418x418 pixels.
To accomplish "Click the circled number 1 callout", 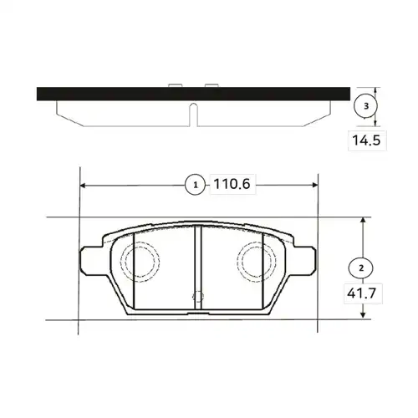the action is pyautogui.click(x=196, y=185).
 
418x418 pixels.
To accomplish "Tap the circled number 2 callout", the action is pyautogui.click(x=361, y=268).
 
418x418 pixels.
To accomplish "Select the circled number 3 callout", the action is pyautogui.click(x=366, y=106).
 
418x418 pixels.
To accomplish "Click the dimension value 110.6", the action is pyautogui.click(x=232, y=184).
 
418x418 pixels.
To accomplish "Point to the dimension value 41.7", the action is pyautogui.click(x=362, y=293).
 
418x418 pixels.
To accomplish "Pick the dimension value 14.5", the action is pyautogui.click(x=366, y=140).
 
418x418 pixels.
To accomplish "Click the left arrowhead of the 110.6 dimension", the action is pyautogui.click(x=83, y=185).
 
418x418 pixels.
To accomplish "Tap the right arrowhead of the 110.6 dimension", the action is pyautogui.click(x=315, y=185).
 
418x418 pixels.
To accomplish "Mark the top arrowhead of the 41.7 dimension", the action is pyautogui.click(x=363, y=220).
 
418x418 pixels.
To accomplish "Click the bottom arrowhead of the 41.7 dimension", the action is pyautogui.click(x=363, y=314).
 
